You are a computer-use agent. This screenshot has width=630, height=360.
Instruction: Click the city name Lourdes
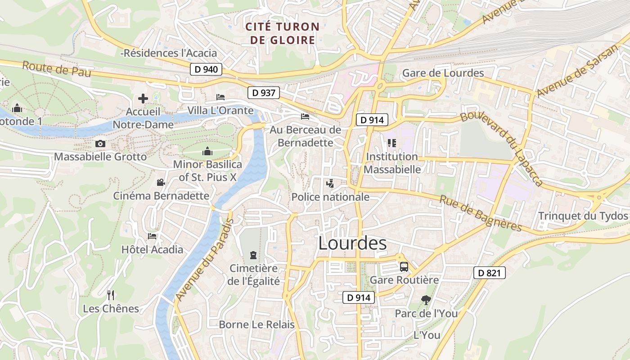click(x=352, y=243)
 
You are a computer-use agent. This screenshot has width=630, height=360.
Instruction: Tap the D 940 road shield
click(x=207, y=69)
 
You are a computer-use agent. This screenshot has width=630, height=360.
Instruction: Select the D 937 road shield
click(x=263, y=93)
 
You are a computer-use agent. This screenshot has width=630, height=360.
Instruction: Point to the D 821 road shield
click(x=490, y=273)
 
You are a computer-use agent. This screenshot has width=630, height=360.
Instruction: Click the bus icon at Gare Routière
click(x=404, y=267)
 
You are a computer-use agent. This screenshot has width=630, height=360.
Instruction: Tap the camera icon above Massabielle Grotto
click(x=100, y=144)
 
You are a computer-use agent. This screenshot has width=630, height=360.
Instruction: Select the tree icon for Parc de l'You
click(x=426, y=300)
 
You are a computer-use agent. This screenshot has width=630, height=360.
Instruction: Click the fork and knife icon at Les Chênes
click(x=111, y=295)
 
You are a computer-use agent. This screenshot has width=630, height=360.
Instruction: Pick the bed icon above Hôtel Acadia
click(x=152, y=236)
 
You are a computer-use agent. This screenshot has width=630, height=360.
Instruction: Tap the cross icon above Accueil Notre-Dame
click(x=143, y=99)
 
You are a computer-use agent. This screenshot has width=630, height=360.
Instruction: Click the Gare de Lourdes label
click(x=443, y=73)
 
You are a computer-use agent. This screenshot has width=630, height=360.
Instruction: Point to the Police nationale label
click(x=330, y=197)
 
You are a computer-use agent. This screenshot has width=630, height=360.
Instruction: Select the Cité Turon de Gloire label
click(x=282, y=33)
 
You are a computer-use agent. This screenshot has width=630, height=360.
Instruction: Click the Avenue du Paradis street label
click(x=205, y=260)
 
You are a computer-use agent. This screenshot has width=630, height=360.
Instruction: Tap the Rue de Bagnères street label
click(x=480, y=213)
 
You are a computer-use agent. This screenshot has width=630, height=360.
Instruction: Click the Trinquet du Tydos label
click(x=583, y=216)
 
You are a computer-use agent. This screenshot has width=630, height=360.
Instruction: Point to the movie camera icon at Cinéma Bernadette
click(x=161, y=183)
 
